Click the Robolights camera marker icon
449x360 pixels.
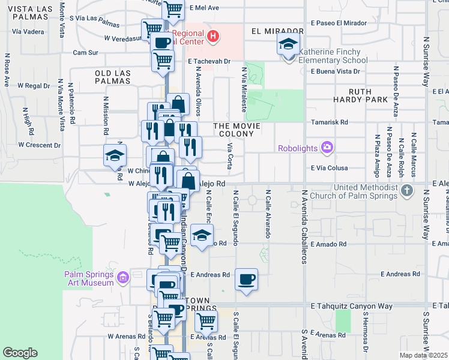(327, 146)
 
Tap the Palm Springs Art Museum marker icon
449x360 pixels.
(123, 278)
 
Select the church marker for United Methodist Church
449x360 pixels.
(407, 191)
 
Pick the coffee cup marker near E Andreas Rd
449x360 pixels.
(246, 280)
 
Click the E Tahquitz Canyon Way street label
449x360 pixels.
(352, 306)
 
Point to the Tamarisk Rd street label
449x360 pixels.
(330, 122)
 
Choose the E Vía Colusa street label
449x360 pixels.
(330, 169)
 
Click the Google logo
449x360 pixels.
(20, 353)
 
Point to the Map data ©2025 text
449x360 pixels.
(423, 355)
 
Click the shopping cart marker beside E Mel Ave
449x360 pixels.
(173, 8)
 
